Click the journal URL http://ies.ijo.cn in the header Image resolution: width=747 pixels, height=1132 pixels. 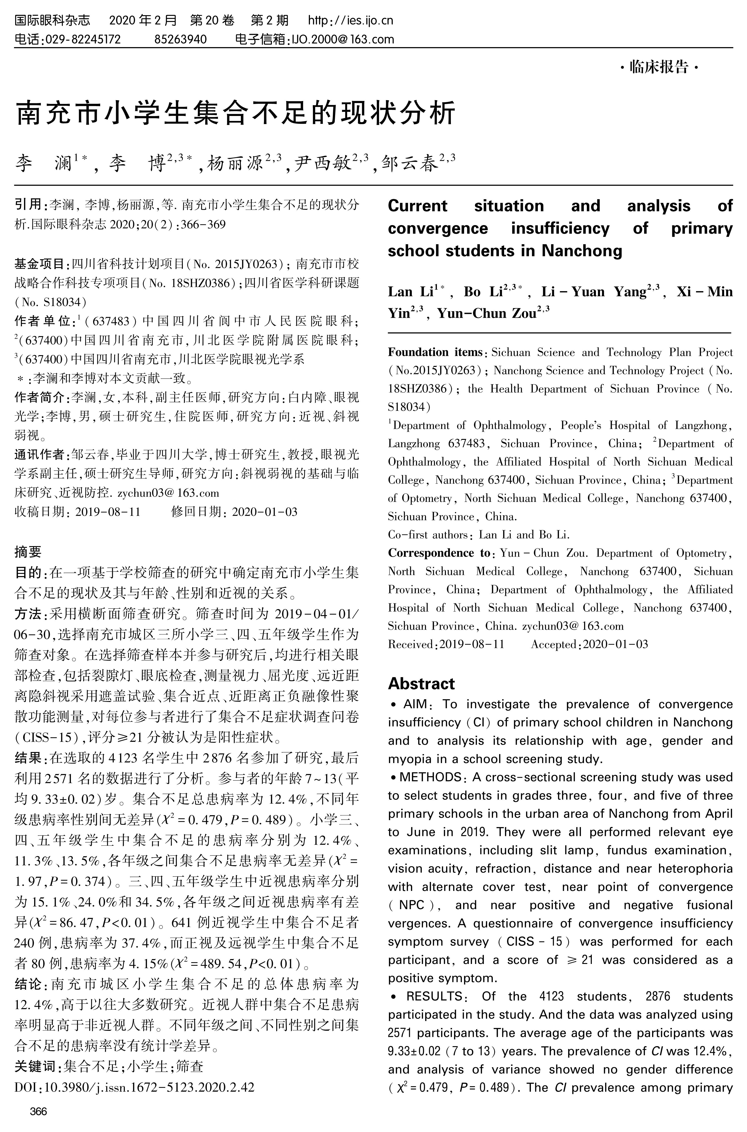351,20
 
